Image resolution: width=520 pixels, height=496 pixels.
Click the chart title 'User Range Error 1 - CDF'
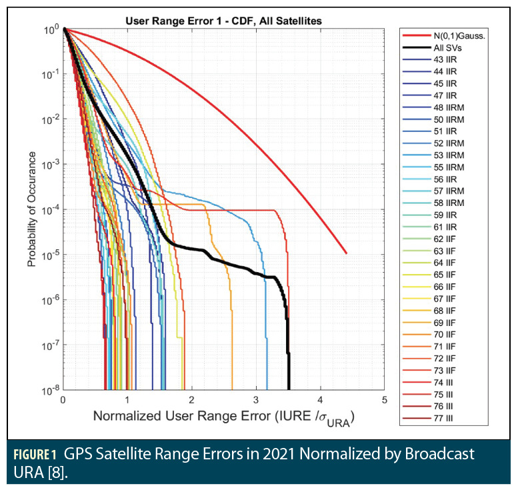(224, 21)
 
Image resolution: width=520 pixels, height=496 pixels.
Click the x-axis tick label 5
(385, 399)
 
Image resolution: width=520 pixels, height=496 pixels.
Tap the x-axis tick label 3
(256, 399)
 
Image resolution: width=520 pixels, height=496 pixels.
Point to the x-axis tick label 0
(63, 399)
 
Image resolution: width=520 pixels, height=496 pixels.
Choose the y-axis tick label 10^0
(49, 29)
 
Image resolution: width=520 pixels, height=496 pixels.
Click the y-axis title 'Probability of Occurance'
(31, 208)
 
